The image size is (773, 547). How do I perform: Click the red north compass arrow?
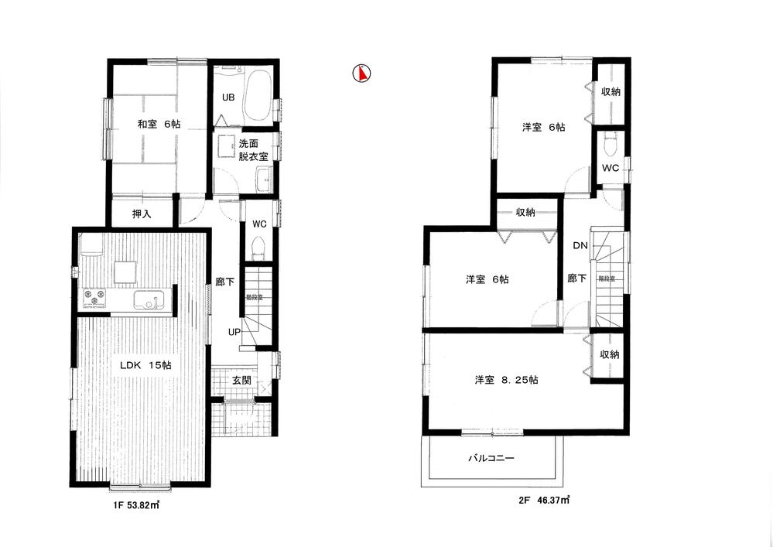[x=361, y=74]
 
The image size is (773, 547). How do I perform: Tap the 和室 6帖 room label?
[x=159, y=124]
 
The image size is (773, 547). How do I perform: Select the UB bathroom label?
[x=228, y=97]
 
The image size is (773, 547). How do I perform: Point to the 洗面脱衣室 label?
[x=253, y=150]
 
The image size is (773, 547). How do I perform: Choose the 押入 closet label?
[x=142, y=214]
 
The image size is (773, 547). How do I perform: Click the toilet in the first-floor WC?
[x=258, y=248]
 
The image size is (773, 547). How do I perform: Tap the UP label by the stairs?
[x=233, y=331]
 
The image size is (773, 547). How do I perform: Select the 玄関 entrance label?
[x=241, y=380]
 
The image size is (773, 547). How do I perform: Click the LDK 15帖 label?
[x=145, y=364]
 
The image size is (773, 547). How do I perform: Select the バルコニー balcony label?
[x=491, y=458]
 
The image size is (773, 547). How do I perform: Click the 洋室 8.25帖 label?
[x=507, y=380]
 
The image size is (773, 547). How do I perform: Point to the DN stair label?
[x=580, y=245]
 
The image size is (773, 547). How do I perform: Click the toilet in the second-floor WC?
[x=610, y=143]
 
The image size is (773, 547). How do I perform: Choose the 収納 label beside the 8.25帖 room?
[x=610, y=354]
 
